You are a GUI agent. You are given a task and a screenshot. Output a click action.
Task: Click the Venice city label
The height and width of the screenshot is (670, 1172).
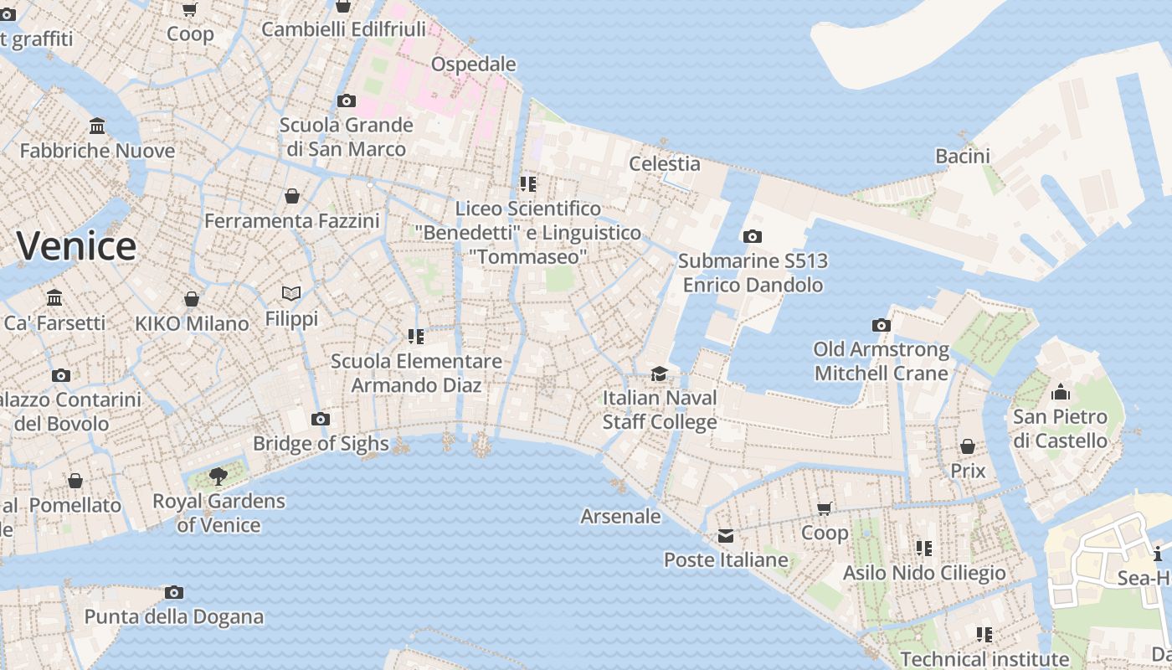(76, 246)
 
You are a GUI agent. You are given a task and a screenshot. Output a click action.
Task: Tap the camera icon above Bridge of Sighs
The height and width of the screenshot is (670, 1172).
(320, 420)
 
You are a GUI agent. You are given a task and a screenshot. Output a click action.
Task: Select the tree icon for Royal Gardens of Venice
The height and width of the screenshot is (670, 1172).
(218, 477)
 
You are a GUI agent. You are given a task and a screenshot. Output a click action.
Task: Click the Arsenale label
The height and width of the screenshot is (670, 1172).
(620, 516)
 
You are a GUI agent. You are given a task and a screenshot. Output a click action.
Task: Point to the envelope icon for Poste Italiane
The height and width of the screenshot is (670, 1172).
(725, 536)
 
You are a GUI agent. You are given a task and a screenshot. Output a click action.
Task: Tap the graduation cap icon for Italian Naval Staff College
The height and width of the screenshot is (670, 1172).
(660, 374)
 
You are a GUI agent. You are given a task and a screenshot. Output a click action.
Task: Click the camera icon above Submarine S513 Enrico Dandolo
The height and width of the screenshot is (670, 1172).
(753, 237)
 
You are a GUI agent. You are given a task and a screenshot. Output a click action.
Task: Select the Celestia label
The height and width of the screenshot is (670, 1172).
(664, 163)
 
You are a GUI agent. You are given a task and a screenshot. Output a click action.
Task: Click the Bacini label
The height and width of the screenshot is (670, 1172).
(962, 156)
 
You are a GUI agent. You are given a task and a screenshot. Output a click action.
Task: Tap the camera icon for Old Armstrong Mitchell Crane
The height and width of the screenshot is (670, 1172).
(881, 326)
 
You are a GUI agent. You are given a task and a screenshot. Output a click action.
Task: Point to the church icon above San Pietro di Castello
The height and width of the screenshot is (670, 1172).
(1060, 392)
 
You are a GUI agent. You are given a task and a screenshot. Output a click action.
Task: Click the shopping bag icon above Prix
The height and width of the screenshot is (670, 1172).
(968, 446)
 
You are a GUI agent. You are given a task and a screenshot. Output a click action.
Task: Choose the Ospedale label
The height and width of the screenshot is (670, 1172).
(473, 64)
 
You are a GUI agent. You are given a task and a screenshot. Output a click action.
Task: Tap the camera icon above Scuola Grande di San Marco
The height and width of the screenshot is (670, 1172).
(346, 101)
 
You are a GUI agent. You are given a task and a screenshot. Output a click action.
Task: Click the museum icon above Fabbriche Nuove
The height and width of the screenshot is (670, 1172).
(97, 126)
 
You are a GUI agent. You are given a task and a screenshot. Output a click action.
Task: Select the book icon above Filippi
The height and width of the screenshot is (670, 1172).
(291, 294)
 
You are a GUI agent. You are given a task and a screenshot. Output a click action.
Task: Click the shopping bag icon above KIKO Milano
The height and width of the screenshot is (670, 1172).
(192, 299)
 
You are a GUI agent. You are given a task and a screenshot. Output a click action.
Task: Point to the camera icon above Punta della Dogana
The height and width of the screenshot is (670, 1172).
(174, 593)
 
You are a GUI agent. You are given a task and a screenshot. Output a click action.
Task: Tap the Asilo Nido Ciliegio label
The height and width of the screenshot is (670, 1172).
(924, 573)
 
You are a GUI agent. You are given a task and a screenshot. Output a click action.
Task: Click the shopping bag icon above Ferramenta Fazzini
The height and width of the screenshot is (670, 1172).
(292, 196)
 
